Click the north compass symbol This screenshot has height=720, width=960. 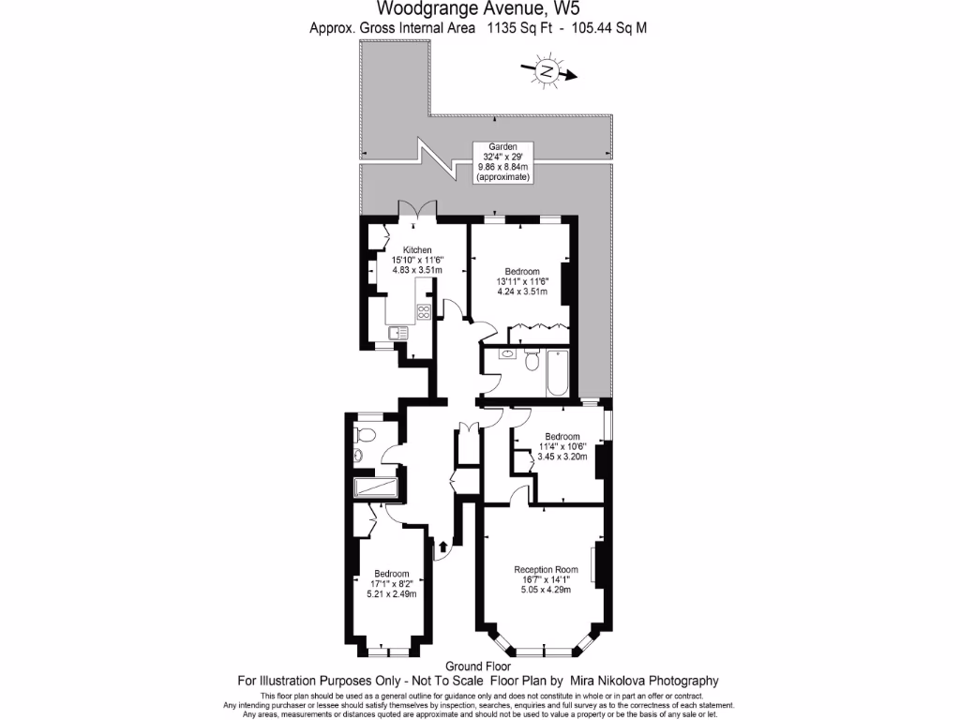point(546,70)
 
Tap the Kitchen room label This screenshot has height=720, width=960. point(417,249)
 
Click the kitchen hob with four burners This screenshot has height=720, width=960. point(424,312)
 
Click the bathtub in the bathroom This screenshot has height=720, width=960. point(557,372)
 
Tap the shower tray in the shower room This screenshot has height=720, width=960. point(375,487)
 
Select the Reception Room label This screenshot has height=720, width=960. point(543,568)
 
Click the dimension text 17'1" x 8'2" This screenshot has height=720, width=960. point(392,583)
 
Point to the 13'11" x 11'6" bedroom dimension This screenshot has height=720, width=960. point(522,280)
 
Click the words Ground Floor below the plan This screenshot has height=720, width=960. point(479,666)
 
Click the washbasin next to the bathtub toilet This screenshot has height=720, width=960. point(506,354)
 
